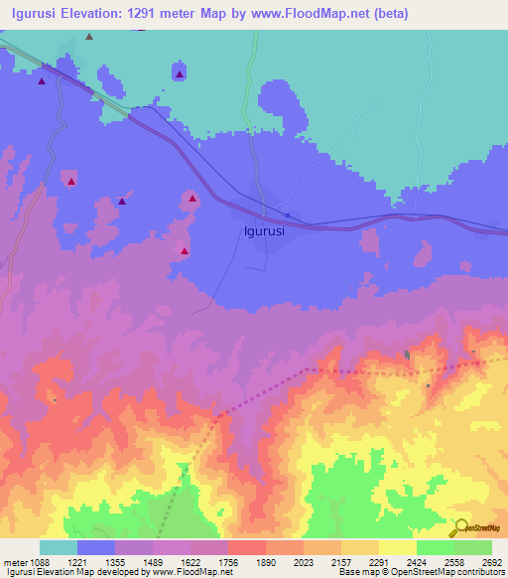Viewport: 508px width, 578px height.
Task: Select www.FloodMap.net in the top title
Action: click(x=313, y=14)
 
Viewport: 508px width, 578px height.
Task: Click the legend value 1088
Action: click(x=40, y=563)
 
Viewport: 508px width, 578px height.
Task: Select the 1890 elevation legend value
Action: click(x=266, y=563)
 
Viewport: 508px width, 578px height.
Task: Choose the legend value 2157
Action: click(x=341, y=563)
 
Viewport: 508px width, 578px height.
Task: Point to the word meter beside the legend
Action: click(x=14, y=563)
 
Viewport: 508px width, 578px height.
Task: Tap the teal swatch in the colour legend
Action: click(x=59, y=547)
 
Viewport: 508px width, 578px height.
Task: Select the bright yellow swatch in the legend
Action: click(x=397, y=547)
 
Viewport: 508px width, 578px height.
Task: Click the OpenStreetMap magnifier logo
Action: click(x=459, y=527)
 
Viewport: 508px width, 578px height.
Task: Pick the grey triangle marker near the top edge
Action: click(x=89, y=36)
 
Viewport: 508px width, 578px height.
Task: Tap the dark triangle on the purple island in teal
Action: click(x=179, y=73)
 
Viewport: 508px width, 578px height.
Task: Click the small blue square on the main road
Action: click(x=288, y=215)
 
